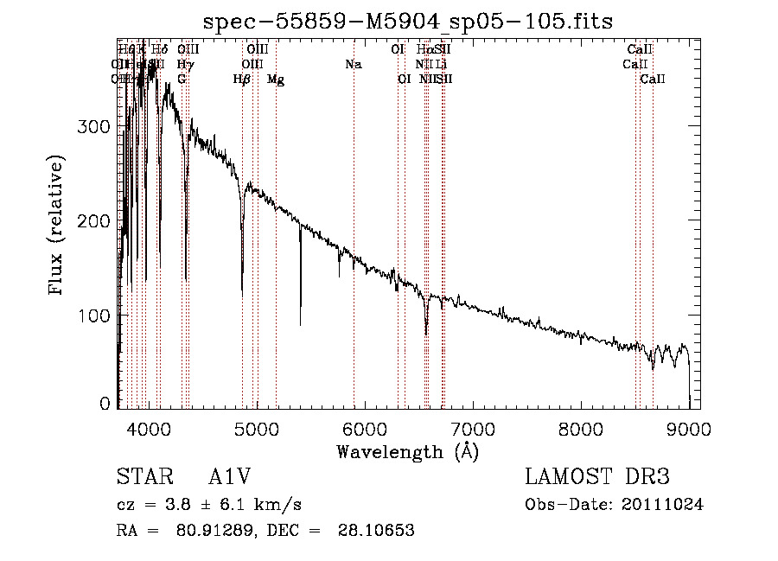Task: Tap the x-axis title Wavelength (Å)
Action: (407, 451)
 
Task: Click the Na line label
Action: (353, 65)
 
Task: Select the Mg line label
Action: (276, 80)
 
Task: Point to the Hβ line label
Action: (242, 80)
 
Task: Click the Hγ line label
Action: (185, 65)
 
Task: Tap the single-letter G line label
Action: (182, 80)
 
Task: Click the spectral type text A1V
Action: (229, 477)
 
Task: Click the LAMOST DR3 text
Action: (596, 477)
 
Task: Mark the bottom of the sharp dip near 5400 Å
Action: (300, 324)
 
